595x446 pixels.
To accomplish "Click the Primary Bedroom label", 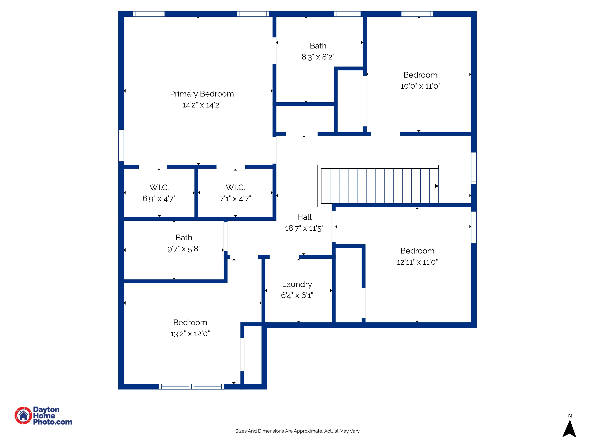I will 202,94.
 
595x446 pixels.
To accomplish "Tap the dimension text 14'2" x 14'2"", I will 202,105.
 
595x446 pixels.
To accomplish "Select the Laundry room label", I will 297,284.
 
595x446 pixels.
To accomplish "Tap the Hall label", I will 304,217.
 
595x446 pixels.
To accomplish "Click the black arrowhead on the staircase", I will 436,186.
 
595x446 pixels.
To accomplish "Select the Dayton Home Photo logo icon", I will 23,415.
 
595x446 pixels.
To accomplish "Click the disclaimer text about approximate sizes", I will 297,431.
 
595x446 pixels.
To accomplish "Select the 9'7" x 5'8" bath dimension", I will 184,249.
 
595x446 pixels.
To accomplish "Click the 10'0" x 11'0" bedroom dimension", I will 420,86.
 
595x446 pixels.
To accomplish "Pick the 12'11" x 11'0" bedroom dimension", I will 417,262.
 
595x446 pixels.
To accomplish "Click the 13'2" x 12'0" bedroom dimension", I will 190,334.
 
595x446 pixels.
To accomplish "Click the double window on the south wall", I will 191,387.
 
